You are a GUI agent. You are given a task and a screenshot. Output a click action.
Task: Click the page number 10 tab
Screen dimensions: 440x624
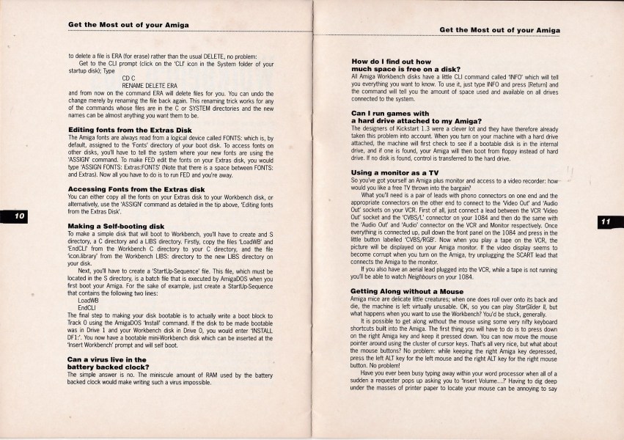pyautogui.click(x=18, y=216)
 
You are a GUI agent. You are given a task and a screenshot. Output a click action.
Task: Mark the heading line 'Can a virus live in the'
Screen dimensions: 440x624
pyautogui.click(x=107, y=359)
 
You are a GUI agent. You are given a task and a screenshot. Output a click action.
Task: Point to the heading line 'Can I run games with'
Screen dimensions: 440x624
pyautogui.click(x=390, y=114)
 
